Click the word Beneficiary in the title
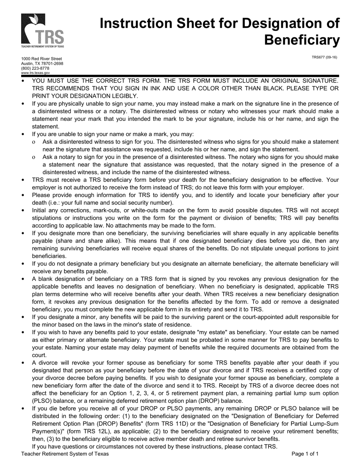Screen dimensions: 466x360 tap(302, 40)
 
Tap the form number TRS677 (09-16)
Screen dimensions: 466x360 tap(324, 58)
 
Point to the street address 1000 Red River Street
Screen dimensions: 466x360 tap(41, 59)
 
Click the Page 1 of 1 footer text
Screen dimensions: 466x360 tap(305, 453)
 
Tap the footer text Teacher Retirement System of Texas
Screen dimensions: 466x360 tap(65, 453)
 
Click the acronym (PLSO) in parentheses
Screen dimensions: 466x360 tap(42, 401)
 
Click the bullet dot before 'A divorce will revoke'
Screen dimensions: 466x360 tap(23, 363)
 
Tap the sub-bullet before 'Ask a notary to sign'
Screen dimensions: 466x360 tap(34, 157)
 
